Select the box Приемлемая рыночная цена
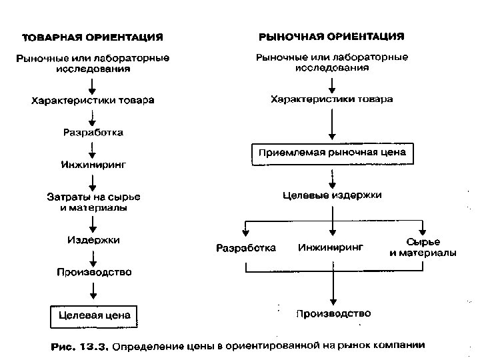tap(331, 153)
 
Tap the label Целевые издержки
tap(332, 195)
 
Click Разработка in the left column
tap(93, 132)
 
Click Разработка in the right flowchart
tap(246, 248)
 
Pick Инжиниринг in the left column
tap(93, 163)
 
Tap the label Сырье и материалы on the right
tap(423, 247)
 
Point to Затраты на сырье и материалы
tap(93, 202)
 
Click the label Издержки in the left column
tap(93, 240)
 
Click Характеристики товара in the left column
tap(93, 101)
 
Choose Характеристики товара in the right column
tap(331, 99)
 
